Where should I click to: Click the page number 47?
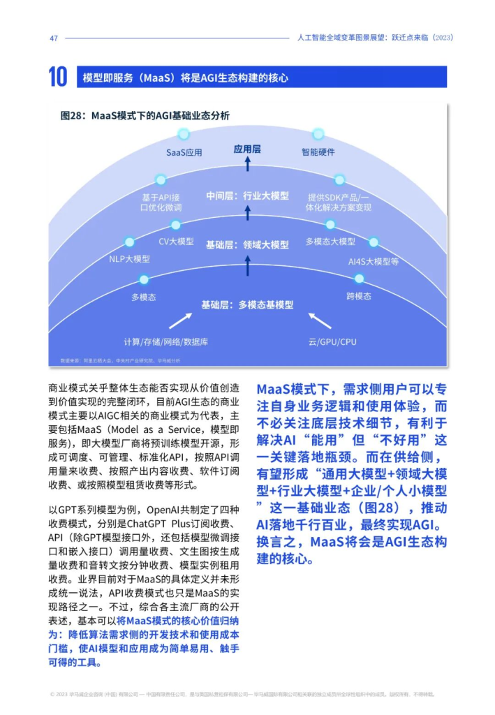53,38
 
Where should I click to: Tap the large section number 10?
59,78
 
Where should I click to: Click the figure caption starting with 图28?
145,116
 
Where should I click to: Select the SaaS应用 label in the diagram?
184,152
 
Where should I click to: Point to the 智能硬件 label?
318,152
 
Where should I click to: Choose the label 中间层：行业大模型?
247,196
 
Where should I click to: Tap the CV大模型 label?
176,242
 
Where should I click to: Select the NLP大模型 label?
129,259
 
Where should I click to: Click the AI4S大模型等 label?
373,261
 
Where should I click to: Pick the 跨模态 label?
359,296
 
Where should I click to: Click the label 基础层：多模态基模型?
247,305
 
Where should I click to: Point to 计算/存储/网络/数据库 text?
165,341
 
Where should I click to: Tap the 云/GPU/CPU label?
332,341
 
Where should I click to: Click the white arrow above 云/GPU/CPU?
320,320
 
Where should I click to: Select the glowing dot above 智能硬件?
318,133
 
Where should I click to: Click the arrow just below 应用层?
247,164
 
